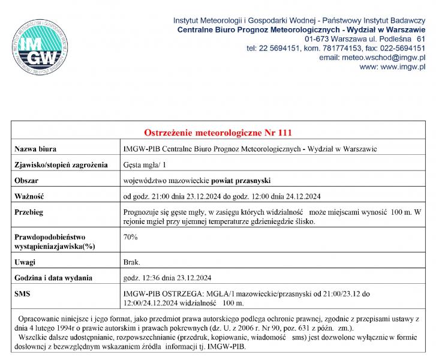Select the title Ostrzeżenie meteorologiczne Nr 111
[x=218, y=132]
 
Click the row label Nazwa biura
[x=37, y=149]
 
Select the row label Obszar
[x=26, y=180]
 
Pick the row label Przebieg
[x=29, y=212]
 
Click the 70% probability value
[x=130, y=237]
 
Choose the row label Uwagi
[x=25, y=262]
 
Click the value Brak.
[x=131, y=262]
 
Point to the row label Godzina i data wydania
[x=53, y=278]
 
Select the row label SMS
[x=22, y=294]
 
